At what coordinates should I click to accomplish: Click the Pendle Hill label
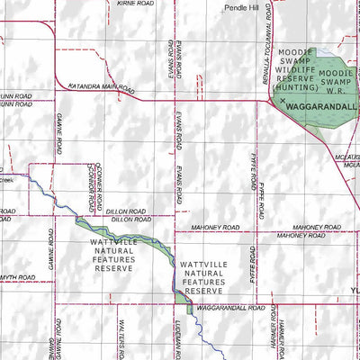coord(243,7)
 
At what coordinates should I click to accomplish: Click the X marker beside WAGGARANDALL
coord(282,103)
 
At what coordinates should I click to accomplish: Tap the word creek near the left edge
coord(4,179)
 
